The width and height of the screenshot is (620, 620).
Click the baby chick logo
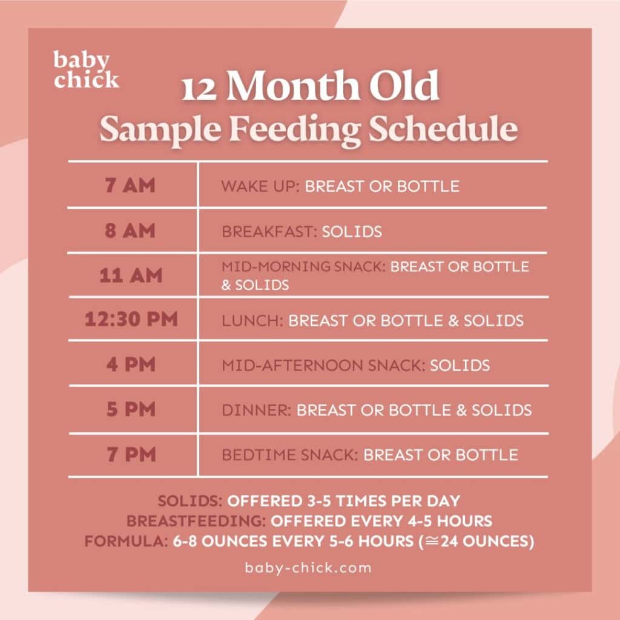tap(86, 70)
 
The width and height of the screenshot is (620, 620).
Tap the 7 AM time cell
tap(130, 185)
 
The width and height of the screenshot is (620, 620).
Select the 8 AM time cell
tap(130, 231)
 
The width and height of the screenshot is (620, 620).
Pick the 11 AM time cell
tap(131, 275)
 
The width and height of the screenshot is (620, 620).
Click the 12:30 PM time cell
tap(131, 319)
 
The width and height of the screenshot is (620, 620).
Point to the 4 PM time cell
tap(131, 364)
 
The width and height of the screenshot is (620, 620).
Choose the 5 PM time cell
tap(131, 410)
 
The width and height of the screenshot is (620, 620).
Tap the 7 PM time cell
tap(131, 454)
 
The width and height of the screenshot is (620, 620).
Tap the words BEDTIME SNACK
tap(290, 455)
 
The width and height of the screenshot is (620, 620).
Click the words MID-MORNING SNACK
tap(303, 266)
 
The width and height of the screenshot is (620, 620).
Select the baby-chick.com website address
tap(308, 567)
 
